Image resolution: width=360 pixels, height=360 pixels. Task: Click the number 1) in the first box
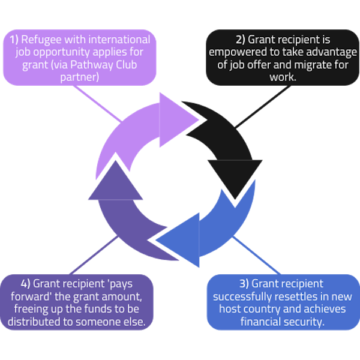click(x=16, y=40)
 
